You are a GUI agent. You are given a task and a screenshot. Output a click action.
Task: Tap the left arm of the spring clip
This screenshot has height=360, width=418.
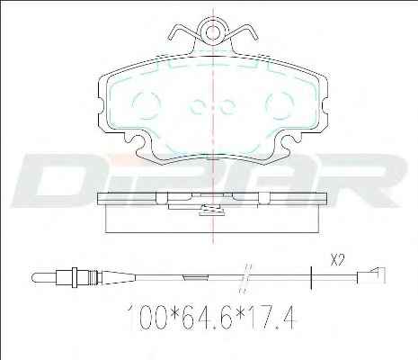[182, 31]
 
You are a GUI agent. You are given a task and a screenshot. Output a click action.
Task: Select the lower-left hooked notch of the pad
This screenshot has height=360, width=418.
[140, 145]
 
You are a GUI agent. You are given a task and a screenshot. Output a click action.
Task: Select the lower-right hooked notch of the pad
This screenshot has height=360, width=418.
[285, 145]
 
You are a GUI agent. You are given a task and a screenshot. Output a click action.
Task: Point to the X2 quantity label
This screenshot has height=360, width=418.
[337, 260]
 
